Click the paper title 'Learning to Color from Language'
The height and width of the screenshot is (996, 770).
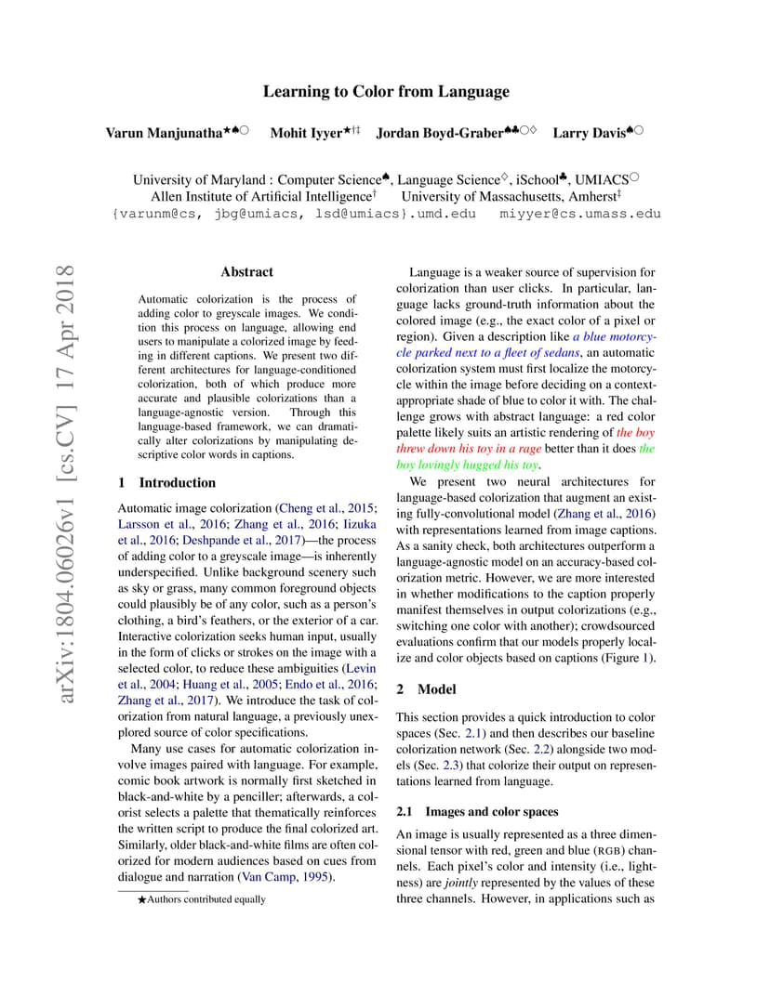[x=386, y=91]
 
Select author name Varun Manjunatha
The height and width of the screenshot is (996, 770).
[x=163, y=133]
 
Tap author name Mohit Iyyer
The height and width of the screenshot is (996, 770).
[x=304, y=133]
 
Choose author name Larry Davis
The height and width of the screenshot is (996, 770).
[x=589, y=133]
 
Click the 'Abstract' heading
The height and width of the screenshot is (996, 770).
[x=246, y=272]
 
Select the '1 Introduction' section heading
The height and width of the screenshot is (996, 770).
[x=167, y=483]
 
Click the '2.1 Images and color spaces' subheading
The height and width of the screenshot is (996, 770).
[x=477, y=812]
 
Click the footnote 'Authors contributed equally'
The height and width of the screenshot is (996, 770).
[x=206, y=899]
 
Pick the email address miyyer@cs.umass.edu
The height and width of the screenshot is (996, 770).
[x=580, y=214]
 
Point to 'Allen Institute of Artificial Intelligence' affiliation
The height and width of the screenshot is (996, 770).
[x=260, y=197]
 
